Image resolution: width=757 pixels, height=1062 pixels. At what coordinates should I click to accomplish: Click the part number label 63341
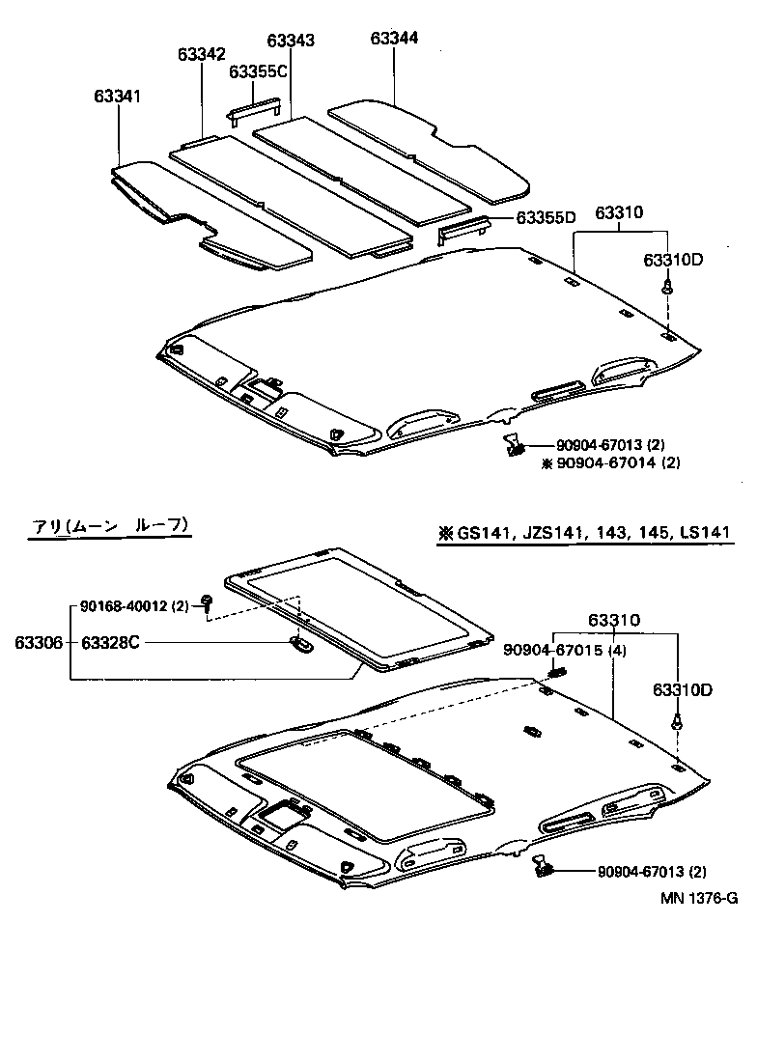tap(118, 97)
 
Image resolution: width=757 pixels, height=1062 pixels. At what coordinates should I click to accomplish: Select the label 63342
tap(201, 55)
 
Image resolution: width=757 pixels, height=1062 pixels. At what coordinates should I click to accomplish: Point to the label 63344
tap(394, 38)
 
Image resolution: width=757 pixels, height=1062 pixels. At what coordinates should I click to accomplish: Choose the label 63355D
tap(546, 217)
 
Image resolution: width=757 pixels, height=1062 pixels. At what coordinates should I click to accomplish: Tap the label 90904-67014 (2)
tap(618, 462)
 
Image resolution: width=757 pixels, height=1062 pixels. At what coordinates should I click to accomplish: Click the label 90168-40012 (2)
tap(134, 605)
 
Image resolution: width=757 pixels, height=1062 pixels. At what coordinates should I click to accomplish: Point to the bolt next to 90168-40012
tap(208, 604)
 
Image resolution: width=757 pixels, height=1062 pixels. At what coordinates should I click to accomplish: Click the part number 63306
tap(36, 642)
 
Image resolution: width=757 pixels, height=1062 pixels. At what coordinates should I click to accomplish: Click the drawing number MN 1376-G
tap(699, 898)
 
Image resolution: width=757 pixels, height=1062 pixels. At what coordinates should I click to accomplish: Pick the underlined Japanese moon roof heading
tap(109, 525)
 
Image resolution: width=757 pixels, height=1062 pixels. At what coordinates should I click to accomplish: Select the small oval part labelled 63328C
tap(300, 643)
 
